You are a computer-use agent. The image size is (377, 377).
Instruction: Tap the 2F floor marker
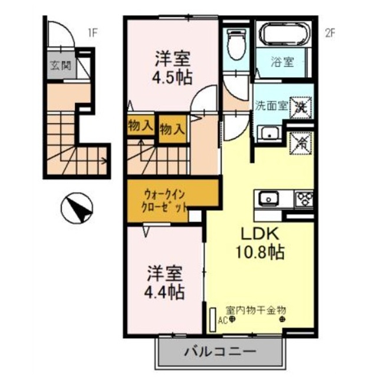coord(329,33)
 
